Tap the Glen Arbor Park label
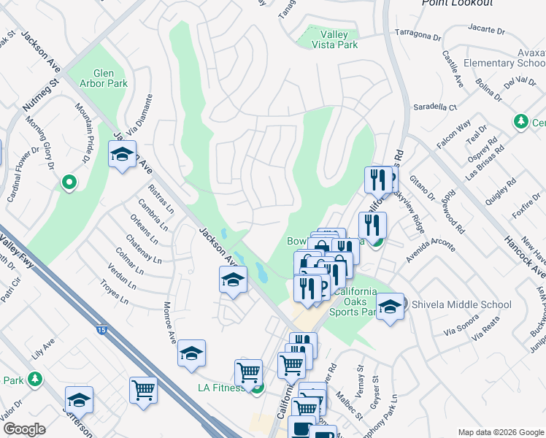click(x=110, y=78)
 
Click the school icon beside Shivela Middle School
click(x=391, y=307)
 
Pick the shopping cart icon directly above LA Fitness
click(x=249, y=372)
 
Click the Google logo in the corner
click(x=24, y=429)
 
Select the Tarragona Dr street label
click(x=419, y=34)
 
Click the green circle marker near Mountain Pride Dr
click(x=69, y=181)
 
